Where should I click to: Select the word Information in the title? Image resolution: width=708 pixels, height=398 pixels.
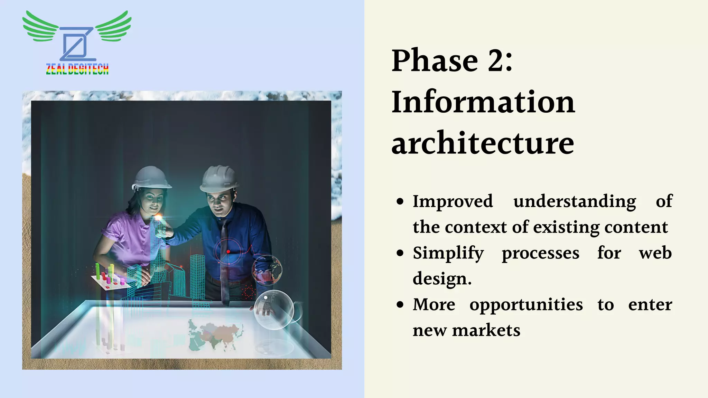(x=483, y=102)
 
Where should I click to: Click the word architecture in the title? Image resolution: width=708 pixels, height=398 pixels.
(x=483, y=143)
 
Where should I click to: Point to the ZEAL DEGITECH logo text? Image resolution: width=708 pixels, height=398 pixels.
(x=77, y=69)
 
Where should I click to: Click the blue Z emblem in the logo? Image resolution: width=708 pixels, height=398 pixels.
(x=77, y=44)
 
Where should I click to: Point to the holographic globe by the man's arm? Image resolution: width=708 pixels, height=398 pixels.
(x=267, y=270)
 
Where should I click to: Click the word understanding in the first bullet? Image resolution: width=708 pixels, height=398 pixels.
(x=574, y=201)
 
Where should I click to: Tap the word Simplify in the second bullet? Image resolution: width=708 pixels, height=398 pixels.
(x=448, y=253)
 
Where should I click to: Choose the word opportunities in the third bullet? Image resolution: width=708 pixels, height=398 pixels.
(x=526, y=305)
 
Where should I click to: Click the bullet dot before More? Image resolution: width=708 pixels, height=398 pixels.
(x=400, y=305)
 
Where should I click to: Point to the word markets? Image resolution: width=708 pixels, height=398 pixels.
(x=486, y=330)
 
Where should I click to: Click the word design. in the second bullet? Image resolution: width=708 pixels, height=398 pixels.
(x=442, y=278)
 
